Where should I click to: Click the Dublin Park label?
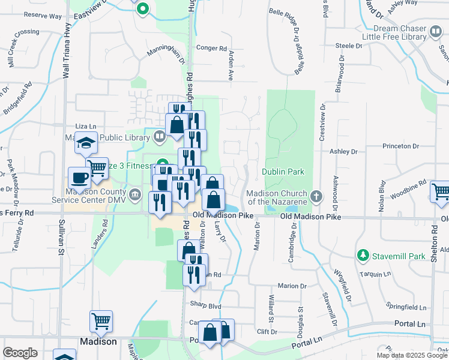point(283,172)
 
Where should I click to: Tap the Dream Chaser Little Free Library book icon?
point(435,31)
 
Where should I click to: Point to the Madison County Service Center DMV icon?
point(136,194)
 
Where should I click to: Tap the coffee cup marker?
point(80,178)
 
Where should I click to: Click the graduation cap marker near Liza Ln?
point(86,143)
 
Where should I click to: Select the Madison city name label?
point(98,341)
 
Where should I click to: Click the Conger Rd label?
point(212,48)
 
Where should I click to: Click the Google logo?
point(20,353)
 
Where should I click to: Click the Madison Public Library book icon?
point(159,136)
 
